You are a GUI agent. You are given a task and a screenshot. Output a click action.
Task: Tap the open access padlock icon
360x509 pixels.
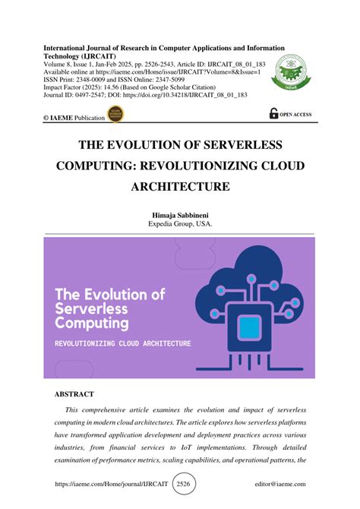[x=274, y=113]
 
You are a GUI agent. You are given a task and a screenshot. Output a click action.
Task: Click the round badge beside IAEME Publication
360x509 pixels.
[x=118, y=115]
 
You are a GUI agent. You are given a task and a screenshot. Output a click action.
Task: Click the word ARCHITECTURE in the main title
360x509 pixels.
[x=179, y=186]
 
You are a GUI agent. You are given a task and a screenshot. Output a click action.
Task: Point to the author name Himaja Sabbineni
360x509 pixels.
[x=180, y=217]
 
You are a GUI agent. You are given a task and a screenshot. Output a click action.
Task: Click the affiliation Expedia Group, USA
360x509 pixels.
[x=180, y=226]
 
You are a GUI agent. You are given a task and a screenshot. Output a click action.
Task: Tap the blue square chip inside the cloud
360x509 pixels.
[x=249, y=327]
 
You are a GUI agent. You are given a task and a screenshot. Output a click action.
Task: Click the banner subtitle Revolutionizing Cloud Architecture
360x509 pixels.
[x=122, y=343]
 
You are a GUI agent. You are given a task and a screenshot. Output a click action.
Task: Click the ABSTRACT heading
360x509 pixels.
[x=74, y=394]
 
